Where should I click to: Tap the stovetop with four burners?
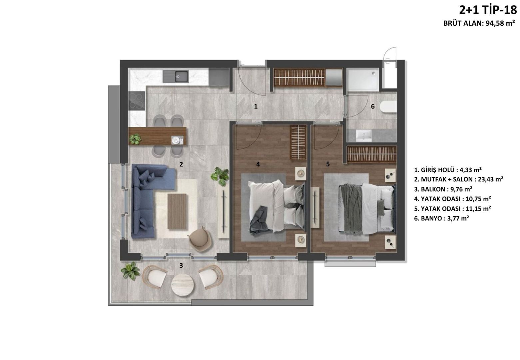point(137,101)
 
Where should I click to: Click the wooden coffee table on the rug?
point(177,211)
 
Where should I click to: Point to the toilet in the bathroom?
point(388,107)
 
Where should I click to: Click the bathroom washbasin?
point(364,135)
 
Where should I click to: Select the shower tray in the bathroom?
point(363,79)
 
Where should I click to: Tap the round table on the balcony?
point(182,285)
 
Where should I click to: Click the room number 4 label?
point(258,164)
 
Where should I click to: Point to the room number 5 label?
point(328,164)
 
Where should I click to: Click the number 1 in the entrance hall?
point(256,106)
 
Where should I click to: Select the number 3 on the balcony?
point(181,265)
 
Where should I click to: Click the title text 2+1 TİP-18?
point(488,10)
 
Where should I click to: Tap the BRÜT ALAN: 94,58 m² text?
point(479,23)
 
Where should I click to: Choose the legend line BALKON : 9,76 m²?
point(443,189)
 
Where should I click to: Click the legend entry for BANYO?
point(441,218)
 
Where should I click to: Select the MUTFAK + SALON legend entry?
point(458,179)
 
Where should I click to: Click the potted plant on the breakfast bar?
point(135,139)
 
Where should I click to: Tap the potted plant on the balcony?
point(131,271)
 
